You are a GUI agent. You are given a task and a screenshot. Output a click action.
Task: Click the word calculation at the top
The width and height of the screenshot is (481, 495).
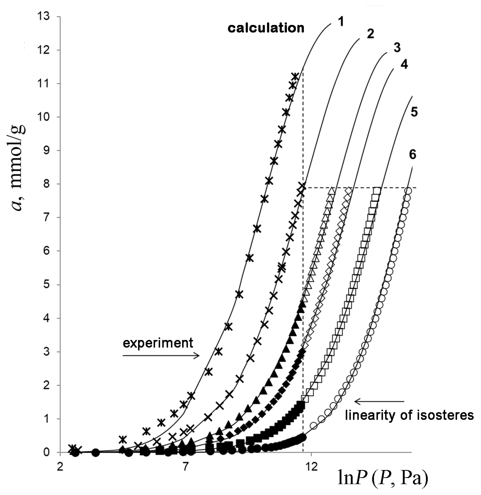[266, 28]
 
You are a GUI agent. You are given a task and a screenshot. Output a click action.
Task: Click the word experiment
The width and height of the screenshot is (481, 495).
[158, 343]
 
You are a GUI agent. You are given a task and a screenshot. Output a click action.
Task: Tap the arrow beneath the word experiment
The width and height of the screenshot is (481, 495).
[161, 355]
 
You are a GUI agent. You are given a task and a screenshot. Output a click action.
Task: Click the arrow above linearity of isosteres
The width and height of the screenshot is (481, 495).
[379, 401]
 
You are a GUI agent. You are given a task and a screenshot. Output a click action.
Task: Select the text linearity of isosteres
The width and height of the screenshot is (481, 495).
[409, 415]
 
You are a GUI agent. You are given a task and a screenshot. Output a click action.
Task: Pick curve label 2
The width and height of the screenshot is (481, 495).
[370, 34]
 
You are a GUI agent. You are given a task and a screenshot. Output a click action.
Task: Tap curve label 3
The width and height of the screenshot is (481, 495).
[397, 48]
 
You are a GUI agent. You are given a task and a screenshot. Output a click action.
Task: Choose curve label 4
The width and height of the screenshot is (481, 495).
[404, 64]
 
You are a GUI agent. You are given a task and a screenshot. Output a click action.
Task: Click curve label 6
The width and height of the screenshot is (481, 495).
[413, 155]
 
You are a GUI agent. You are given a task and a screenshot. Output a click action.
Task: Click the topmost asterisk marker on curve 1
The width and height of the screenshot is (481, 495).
[295, 76]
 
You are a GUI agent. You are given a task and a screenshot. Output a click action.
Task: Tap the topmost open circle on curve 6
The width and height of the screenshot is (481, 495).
[408, 191]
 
